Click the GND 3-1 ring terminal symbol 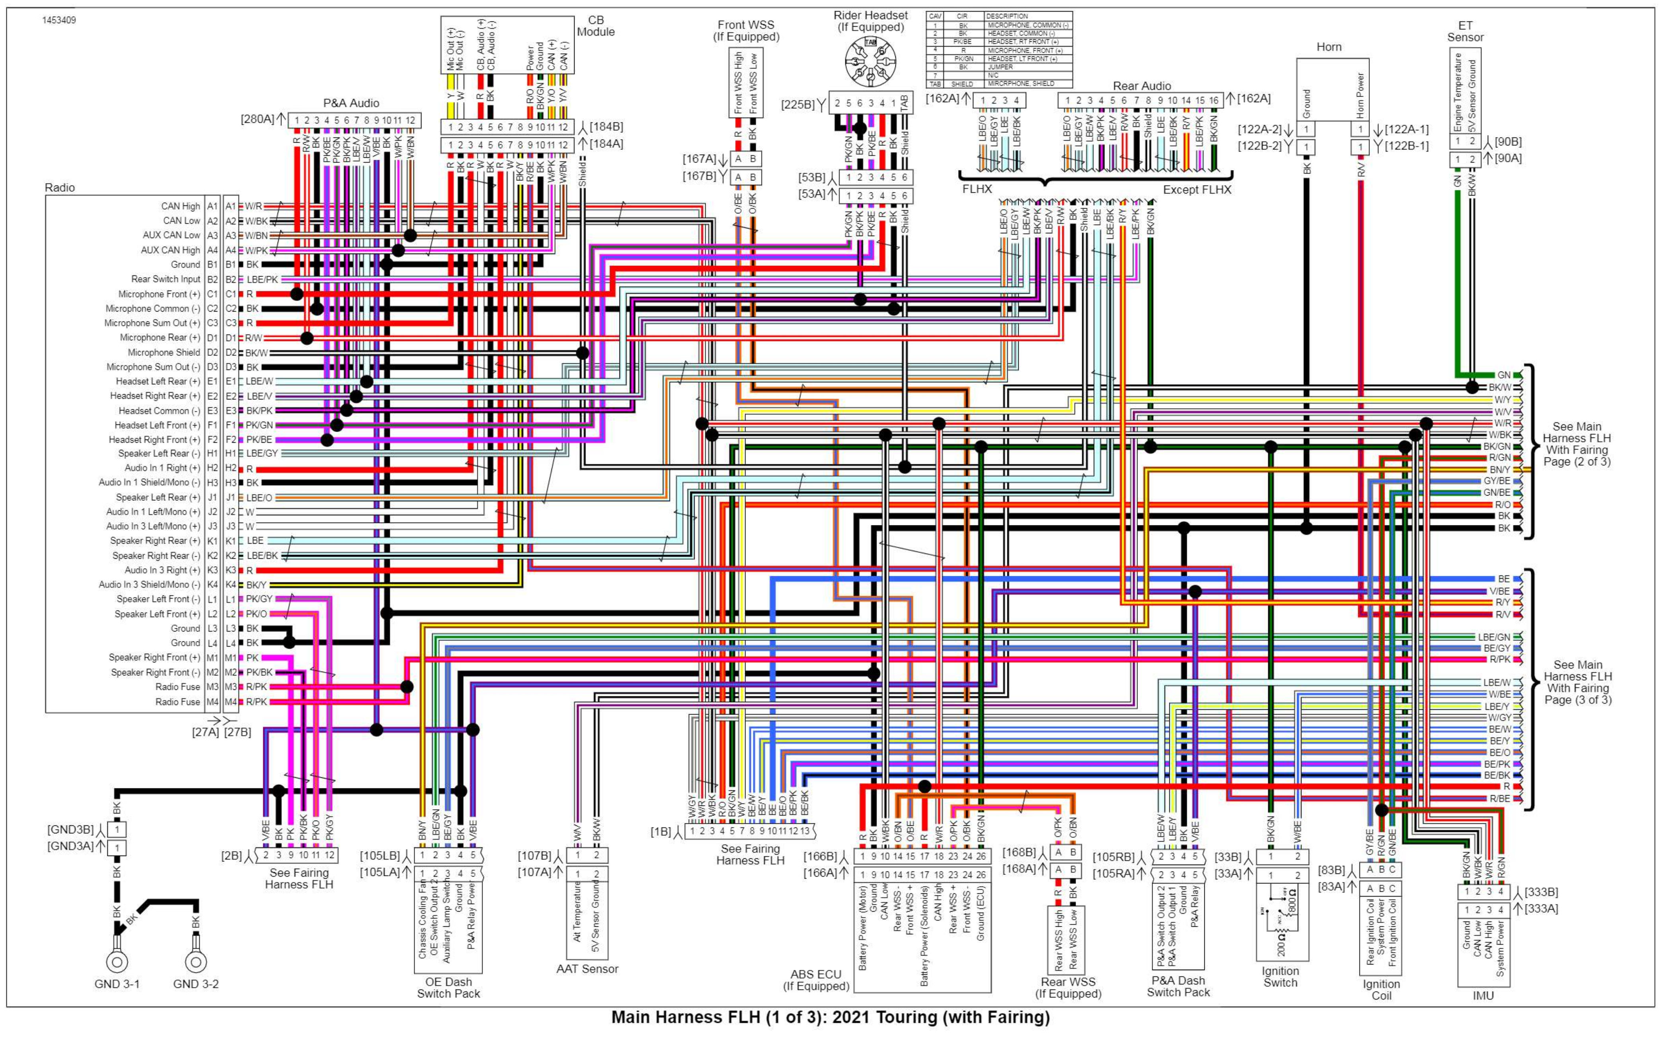coord(117,962)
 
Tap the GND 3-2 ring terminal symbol coord(196,962)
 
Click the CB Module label coord(596,26)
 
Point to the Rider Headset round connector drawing coord(870,62)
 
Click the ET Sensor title coord(1465,31)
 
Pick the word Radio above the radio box coord(60,188)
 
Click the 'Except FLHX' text coord(1197,190)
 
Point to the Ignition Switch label coord(1280,976)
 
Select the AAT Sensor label coord(587,969)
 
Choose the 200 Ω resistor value coord(1281,950)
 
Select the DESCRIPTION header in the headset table coord(1007,16)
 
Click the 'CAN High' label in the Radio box coord(181,206)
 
